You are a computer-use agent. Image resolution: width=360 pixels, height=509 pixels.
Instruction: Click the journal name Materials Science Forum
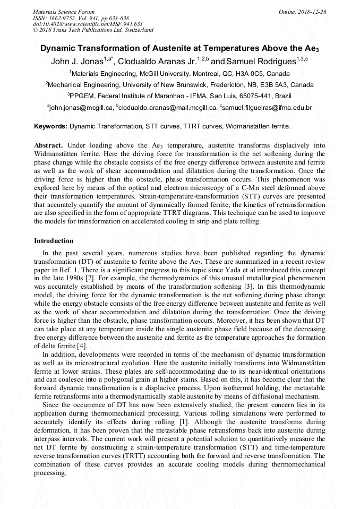64,11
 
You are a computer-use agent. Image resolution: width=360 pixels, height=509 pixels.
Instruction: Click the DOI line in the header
88,24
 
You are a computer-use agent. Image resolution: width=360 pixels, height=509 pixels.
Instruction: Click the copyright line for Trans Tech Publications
93,30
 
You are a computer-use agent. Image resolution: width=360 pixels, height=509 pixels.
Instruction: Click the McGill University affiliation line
179,74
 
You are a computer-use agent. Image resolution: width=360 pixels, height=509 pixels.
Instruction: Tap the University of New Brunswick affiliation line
179,85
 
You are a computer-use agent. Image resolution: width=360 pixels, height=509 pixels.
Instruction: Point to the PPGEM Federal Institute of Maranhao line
179,96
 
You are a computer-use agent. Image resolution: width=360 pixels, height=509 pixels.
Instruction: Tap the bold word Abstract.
48,145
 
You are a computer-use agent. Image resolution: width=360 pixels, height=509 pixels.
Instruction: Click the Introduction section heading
54,241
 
